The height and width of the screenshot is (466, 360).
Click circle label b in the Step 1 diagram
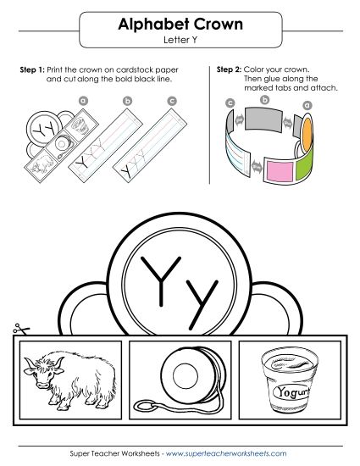pos(128,101)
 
